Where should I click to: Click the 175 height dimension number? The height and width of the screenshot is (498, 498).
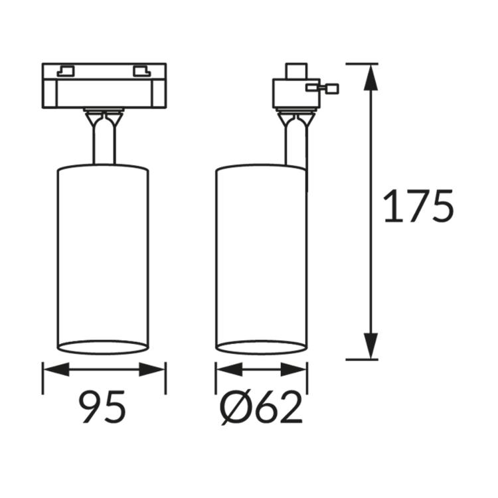click(418, 206)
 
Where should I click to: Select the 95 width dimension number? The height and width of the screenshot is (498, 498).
click(102, 407)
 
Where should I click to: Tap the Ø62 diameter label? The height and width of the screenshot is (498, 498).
click(261, 407)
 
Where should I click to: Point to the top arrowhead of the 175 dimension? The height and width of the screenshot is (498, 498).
click(371, 78)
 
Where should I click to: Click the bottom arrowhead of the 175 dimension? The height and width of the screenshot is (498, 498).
click(371, 346)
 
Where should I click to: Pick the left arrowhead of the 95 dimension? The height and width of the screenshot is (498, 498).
click(56, 369)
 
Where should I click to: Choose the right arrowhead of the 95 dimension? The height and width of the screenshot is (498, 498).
click(152, 369)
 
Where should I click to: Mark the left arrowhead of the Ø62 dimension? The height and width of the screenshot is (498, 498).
click(229, 369)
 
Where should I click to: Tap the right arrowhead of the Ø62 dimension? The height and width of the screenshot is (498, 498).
click(293, 369)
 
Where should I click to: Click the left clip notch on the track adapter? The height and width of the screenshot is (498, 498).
click(66, 71)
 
